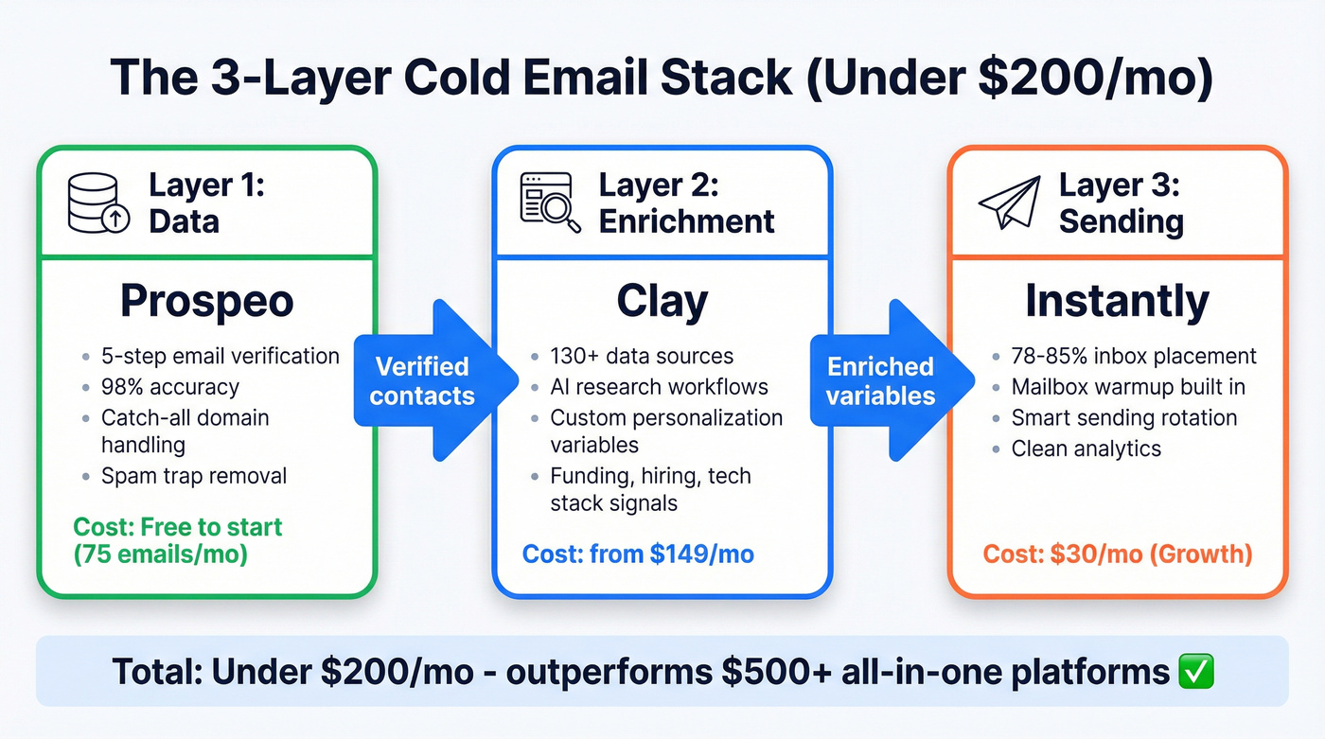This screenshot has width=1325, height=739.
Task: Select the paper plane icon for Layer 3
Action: [1009, 202]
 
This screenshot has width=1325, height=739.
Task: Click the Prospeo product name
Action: [206, 301]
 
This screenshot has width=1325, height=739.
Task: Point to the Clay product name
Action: [662, 301]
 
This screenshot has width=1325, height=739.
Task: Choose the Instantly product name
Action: [1117, 301]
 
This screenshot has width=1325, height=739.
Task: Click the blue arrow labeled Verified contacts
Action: [432, 380]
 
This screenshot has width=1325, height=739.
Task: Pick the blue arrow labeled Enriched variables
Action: [886, 380]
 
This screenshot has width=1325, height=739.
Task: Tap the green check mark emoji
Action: [1196, 672]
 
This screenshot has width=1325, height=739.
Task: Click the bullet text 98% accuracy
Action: [170, 387]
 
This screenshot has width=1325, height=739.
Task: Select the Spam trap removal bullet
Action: [193, 476]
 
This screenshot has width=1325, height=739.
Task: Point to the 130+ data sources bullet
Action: [642, 357]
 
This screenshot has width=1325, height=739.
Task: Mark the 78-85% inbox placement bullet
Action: [1134, 357]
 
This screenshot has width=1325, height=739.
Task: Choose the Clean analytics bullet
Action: [1086, 448]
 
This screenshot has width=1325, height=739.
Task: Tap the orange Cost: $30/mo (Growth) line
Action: [1117, 554]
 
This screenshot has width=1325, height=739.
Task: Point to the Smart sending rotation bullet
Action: [1123, 417]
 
